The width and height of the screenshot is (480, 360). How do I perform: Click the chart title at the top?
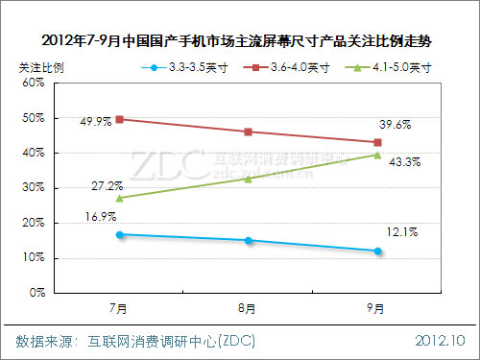click(240, 41)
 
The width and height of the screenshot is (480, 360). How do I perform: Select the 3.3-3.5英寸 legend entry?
click(187, 68)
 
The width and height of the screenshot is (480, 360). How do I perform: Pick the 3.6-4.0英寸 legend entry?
click(288, 68)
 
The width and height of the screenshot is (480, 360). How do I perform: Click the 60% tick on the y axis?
click(34, 84)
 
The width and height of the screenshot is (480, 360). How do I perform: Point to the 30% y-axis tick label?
click(34, 188)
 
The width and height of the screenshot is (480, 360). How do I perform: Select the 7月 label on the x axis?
click(119, 308)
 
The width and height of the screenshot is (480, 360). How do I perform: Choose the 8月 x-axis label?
click(249, 308)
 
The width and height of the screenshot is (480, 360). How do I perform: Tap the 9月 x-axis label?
click(377, 308)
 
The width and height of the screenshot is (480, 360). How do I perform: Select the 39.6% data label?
click(394, 124)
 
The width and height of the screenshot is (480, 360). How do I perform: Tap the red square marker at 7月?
click(119, 119)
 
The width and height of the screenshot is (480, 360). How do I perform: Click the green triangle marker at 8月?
click(249, 179)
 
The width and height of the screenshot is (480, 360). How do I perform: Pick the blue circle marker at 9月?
click(377, 252)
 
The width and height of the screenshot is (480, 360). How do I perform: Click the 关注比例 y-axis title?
click(41, 68)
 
